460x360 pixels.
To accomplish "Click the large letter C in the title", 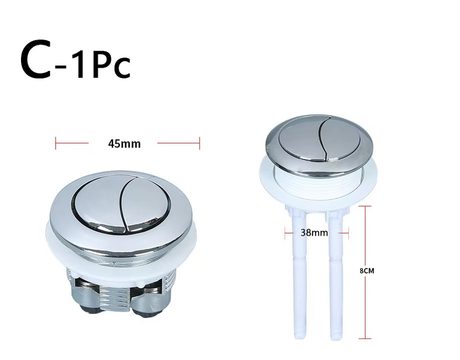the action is pyautogui.click(x=35, y=59).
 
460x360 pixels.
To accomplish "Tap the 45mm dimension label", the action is pyautogui.click(x=125, y=144).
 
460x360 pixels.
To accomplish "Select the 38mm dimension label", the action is pyautogui.click(x=314, y=233).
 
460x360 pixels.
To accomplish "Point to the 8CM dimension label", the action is pyautogui.click(x=367, y=271).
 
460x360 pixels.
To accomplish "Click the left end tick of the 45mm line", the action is pyautogui.click(x=56, y=143).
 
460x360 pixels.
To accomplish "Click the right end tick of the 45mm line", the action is pyautogui.click(x=199, y=143).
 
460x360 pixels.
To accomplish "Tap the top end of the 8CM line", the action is pyautogui.click(x=365, y=206).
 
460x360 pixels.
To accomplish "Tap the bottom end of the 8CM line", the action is pyautogui.click(x=365, y=338).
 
